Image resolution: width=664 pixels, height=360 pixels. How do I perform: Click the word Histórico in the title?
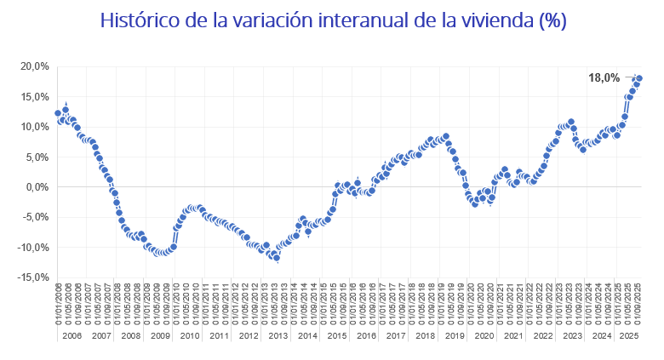tap(139, 20)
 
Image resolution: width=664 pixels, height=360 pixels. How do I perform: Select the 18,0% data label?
tap(604, 77)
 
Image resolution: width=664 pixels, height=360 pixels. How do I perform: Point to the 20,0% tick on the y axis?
tap(35, 66)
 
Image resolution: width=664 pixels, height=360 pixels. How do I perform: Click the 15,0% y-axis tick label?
tap(35, 96)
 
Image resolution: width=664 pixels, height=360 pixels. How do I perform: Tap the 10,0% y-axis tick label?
tap(35, 127)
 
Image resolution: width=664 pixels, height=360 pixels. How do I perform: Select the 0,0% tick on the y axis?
tap(37, 187)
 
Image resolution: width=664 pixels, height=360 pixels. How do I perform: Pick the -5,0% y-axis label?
tap(36, 217)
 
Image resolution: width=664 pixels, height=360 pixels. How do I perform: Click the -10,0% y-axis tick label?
tap(33, 248)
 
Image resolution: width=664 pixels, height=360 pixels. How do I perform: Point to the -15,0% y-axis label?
tap(33, 277)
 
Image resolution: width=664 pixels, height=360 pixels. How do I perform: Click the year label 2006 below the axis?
tap(72, 336)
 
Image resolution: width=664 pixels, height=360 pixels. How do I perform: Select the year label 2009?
tap(160, 336)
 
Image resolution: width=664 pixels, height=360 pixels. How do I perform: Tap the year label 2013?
tap(278, 336)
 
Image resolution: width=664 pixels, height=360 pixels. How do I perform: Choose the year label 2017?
tap(396, 336)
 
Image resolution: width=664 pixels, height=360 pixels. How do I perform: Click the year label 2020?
tap(484, 336)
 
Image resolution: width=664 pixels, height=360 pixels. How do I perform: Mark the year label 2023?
tap(573, 336)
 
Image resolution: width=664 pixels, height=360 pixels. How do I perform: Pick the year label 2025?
tap(628, 336)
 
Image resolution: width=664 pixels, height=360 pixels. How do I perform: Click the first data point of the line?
tap(58, 113)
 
